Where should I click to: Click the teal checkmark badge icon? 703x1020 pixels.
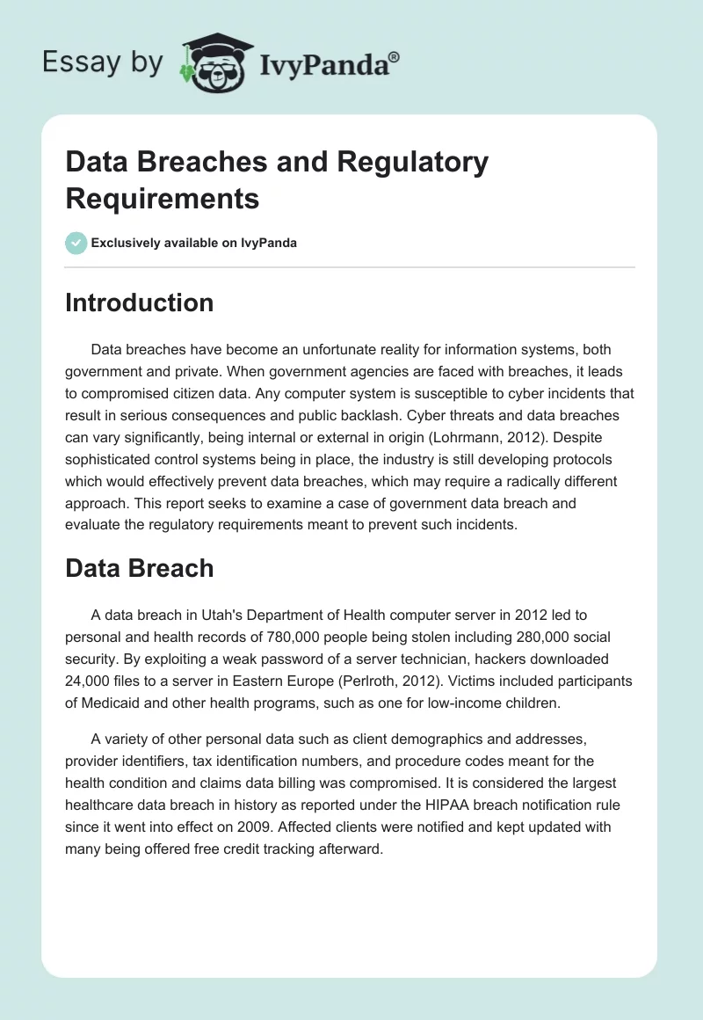click(76, 243)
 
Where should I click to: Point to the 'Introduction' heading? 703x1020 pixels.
click(140, 302)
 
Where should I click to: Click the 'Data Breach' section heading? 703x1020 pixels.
click(140, 568)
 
